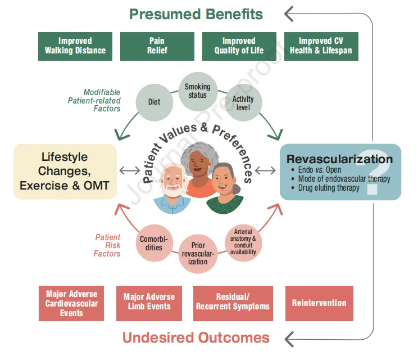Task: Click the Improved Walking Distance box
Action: [x=75, y=46]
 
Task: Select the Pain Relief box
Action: [x=157, y=46]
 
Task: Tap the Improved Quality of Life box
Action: [x=239, y=46]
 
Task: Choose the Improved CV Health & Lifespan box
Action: [x=321, y=46]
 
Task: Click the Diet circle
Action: [x=154, y=102]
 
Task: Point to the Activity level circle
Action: [x=243, y=103]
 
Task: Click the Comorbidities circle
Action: [x=151, y=244]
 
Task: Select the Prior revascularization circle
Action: [x=198, y=254]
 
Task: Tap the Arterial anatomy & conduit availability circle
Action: [x=243, y=242]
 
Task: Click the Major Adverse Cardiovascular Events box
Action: [x=71, y=303]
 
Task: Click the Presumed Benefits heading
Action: [x=196, y=13]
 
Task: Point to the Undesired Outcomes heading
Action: [x=196, y=337]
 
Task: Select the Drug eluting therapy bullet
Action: [x=328, y=188]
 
